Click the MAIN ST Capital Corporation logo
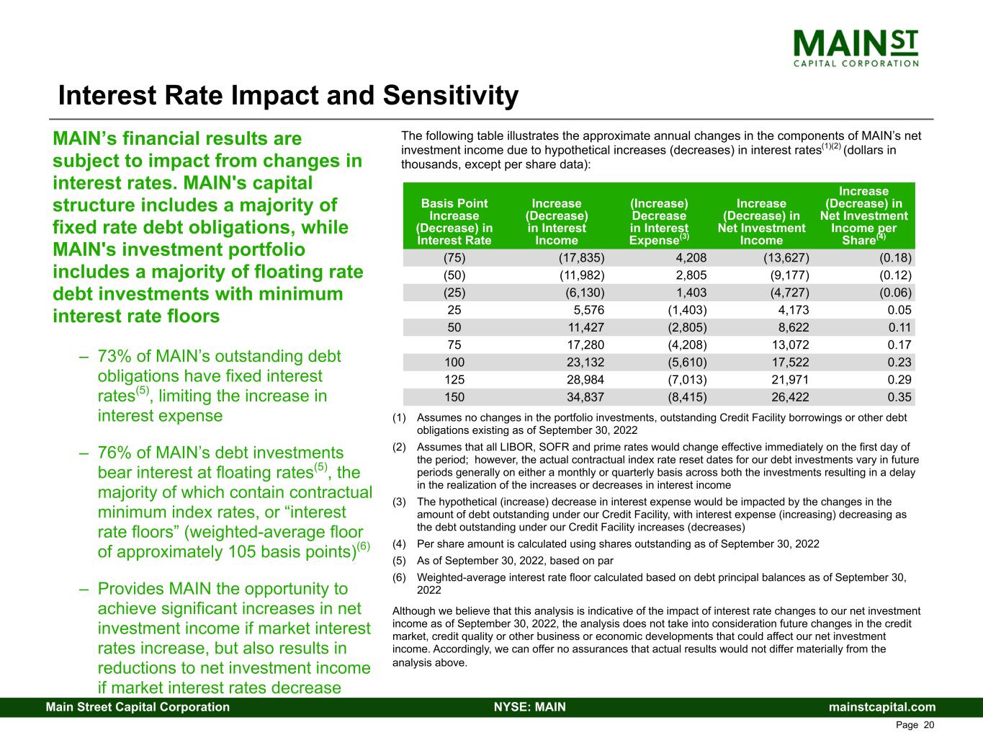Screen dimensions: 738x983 [856, 48]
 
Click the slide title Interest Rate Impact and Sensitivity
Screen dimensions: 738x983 [288, 96]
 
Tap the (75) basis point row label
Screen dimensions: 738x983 [454, 258]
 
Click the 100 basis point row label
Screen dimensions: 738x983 [454, 363]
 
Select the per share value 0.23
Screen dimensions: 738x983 [899, 363]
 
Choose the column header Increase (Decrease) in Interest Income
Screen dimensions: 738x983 [556, 222]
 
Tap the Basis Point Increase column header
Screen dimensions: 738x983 [454, 222]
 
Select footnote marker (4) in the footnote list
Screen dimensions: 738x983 [400, 544]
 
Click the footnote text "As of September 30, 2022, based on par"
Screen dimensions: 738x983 [515, 561]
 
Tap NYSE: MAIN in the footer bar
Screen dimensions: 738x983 [529, 707]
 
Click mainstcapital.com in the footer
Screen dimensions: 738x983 [882, 707]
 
